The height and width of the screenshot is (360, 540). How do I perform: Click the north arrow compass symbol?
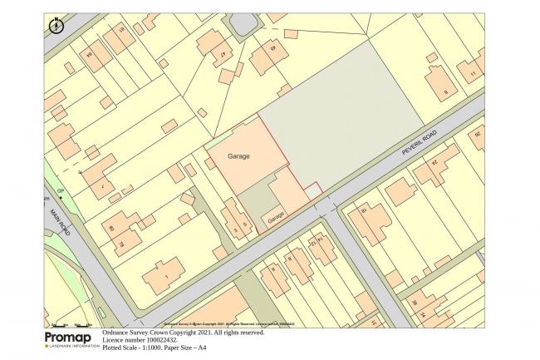(55, 25)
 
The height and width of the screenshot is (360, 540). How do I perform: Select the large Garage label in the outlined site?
(239, 155)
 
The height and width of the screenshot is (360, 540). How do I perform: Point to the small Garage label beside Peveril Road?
(277, 215)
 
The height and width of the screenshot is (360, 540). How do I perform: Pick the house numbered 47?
(223, 55)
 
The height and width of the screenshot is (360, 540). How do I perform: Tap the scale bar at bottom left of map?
(71, 324)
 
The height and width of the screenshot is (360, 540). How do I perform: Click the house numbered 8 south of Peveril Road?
(274, 269)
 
